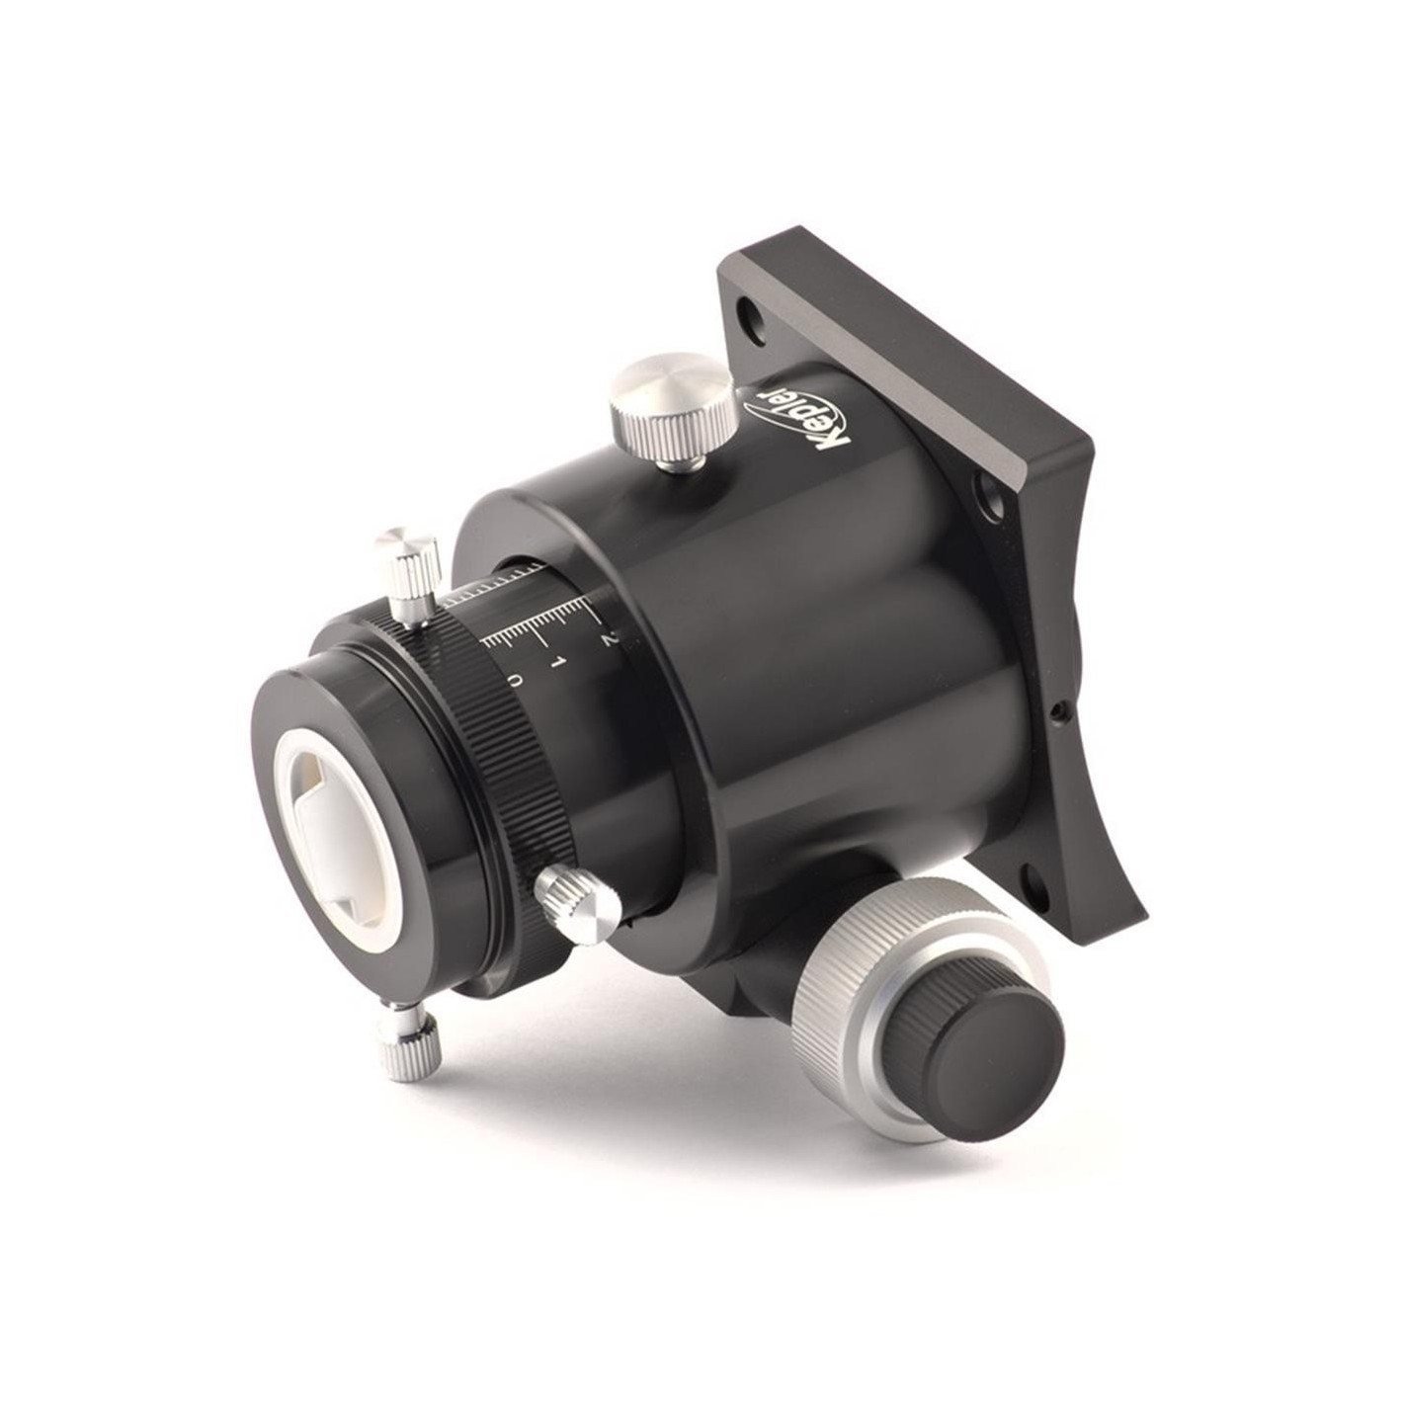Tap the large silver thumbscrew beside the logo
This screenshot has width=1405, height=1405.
tap(672, 411)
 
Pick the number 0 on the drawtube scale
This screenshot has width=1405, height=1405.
tap(515, 681)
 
